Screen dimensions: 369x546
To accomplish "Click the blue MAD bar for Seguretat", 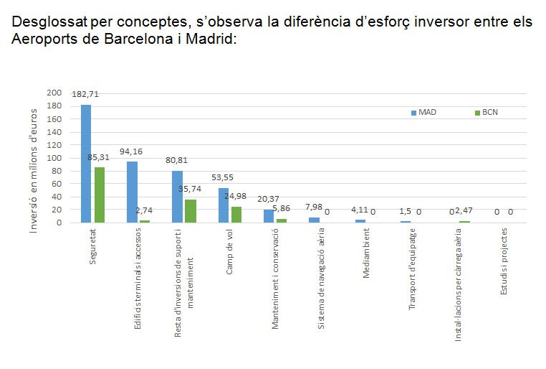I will [x=86, y=164].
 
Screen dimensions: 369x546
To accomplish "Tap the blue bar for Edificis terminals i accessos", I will [x=132, y=192].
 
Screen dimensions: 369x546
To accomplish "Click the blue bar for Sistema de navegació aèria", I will [x=314, y=220].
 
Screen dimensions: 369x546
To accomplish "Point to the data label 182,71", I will [x=85, y=93].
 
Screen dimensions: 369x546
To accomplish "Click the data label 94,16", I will [x=131, y=151].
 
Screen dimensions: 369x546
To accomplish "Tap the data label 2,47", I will [x=466, y=210].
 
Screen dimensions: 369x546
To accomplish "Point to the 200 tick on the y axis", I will [x=54, y=93].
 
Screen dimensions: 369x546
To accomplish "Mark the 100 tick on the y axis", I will [x=54, y=158].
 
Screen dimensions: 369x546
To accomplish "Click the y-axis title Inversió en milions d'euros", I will [x=34, y=170].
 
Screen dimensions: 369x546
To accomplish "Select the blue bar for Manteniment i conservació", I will [x=269, y=215].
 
